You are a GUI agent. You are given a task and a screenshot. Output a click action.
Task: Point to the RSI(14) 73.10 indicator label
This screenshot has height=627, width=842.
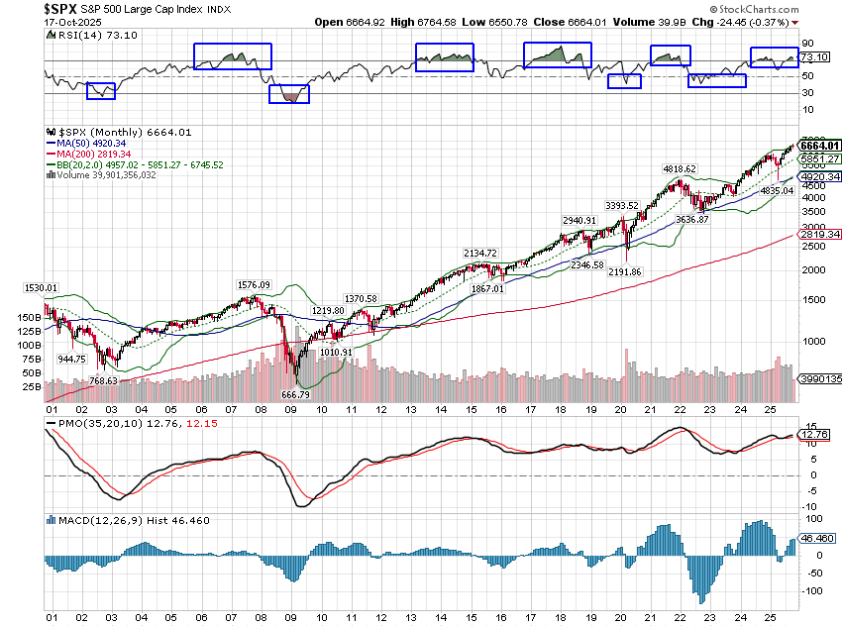[89, 34]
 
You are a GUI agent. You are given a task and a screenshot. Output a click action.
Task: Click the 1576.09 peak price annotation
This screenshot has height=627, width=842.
[254, 285]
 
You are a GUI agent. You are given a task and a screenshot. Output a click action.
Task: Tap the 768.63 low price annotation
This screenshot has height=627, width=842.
[101, 380]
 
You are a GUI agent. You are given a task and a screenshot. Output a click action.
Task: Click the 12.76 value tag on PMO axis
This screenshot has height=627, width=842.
[813, 433]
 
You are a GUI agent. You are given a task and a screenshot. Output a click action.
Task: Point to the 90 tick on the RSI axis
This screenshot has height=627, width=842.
[807, 44]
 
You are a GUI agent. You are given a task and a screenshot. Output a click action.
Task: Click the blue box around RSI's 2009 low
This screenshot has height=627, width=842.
[289, 94]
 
